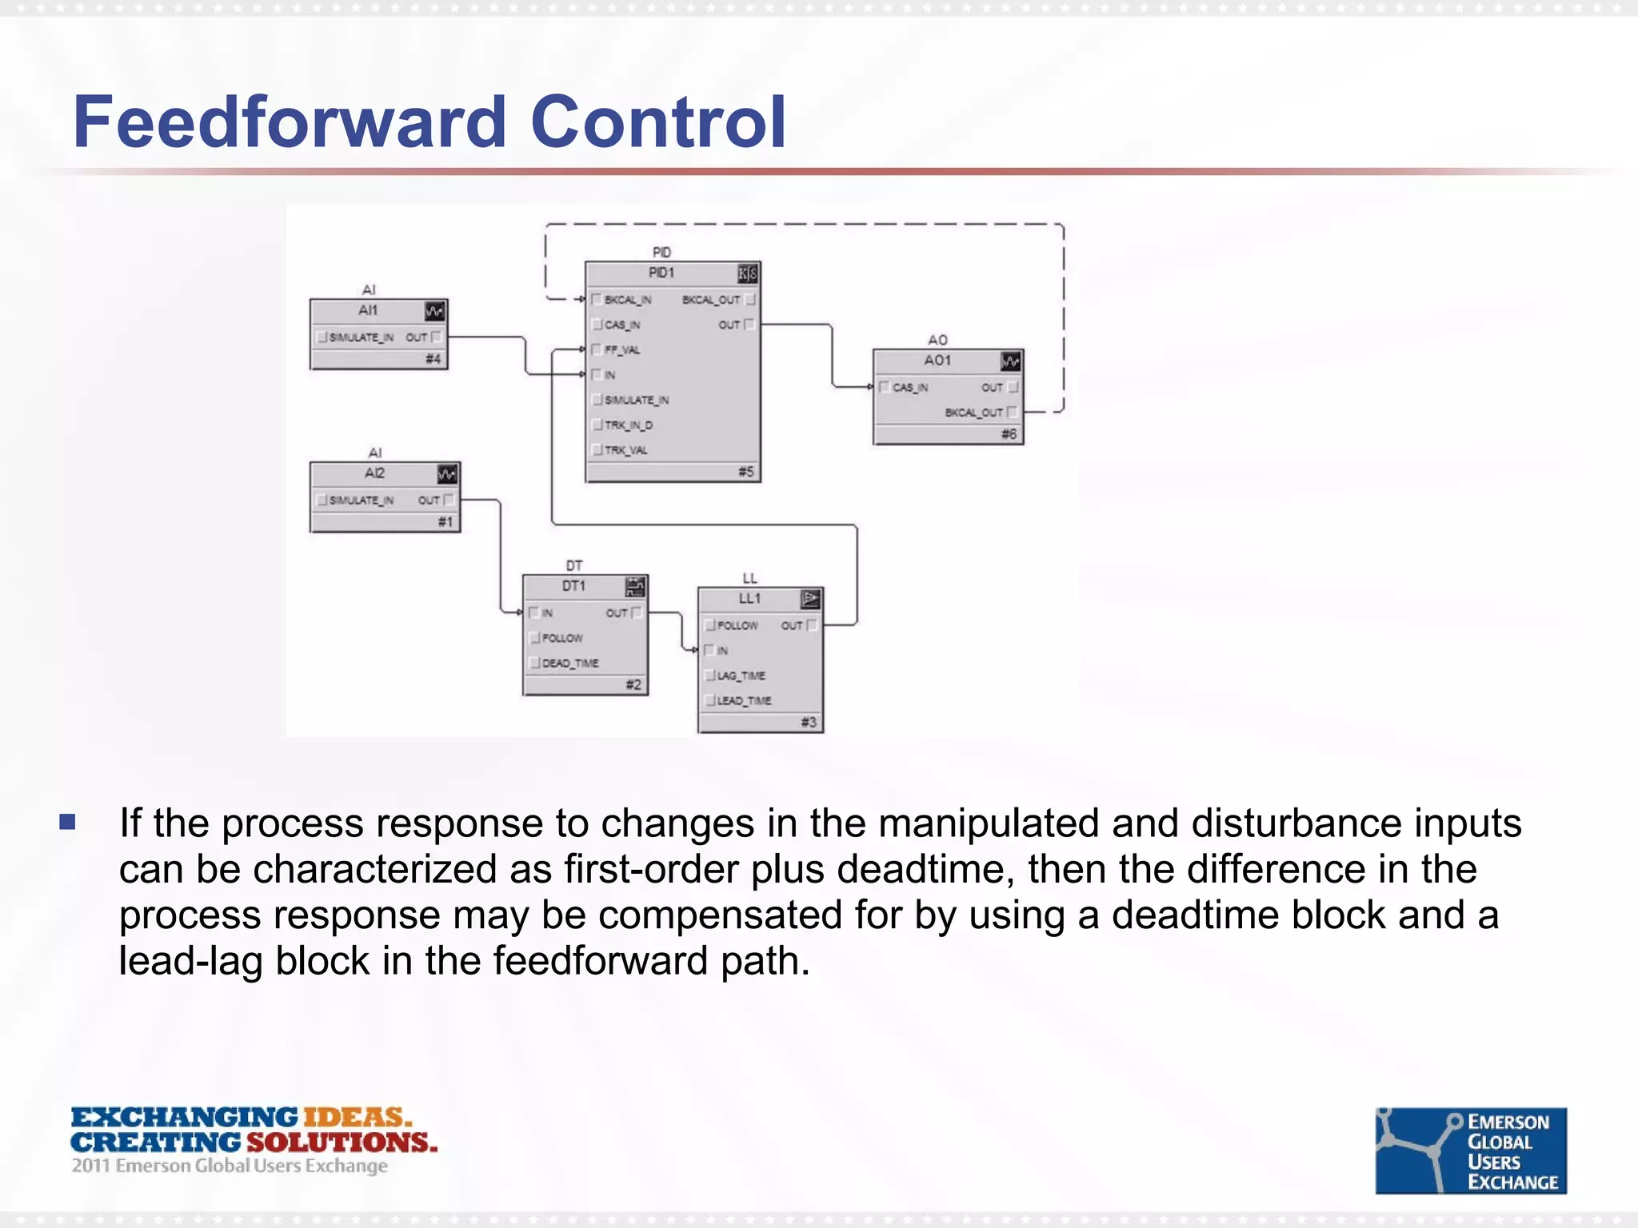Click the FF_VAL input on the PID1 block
[x=621, y=349]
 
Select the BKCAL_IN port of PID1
[x=627, y=300]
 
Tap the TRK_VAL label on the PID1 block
[x=625, y=450]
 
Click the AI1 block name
[x=368, y=310]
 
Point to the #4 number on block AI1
[x=433, y=359]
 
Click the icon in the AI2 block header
[x=447, y=474]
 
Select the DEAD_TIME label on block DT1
[x=569, y=663]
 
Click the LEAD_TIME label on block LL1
[x=744, y=700]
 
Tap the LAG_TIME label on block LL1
[x=741, y=676]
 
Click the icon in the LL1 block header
[x=810, y=599]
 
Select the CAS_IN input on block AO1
[x=909, y=388]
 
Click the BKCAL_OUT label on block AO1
[x=973, y=413]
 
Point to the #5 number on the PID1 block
[x=745, y=472]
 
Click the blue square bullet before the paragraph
[x=67, y=822]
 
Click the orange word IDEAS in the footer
[x=356, y=1117]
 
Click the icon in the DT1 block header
[x=635, y=587]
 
